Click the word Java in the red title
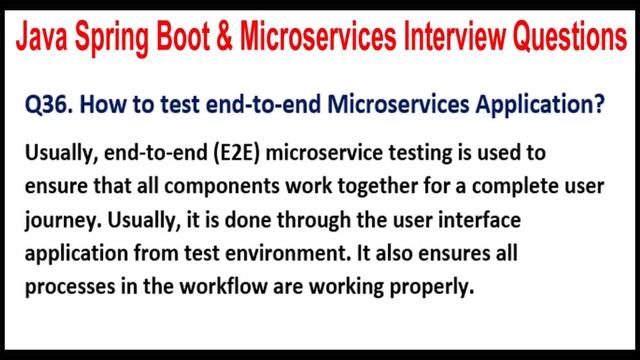click(43, 39)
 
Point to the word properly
click(425, 283)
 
